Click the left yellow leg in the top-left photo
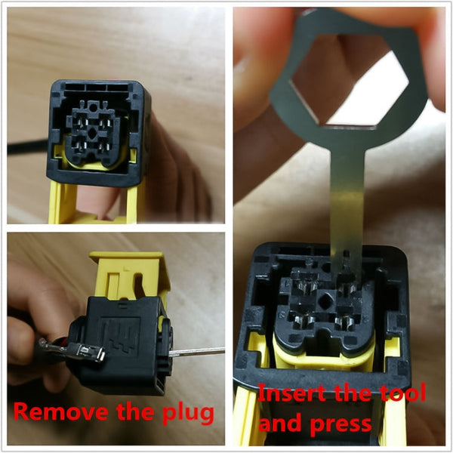(60, 204)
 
